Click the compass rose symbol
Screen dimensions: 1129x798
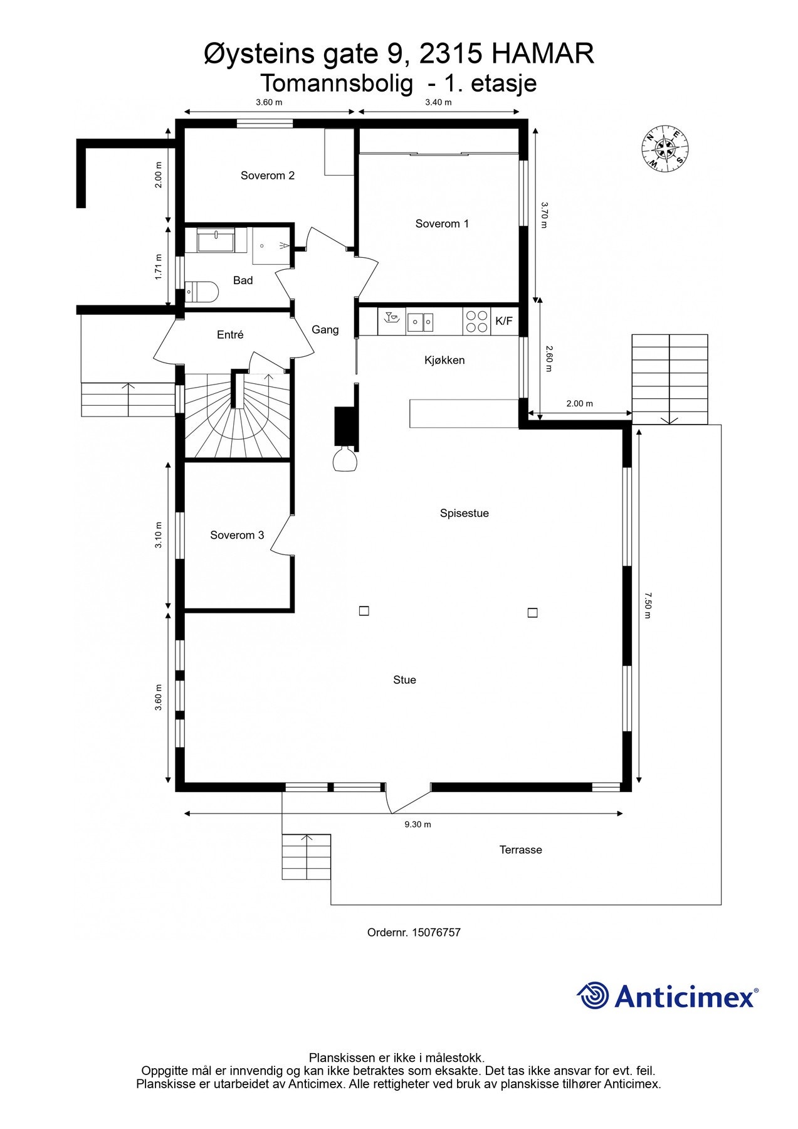[665, 149]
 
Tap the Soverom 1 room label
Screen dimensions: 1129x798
[442, 223]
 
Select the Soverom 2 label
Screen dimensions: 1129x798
[268, 176]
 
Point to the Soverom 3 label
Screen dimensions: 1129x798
[237, 535]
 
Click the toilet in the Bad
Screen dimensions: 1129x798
[202, 292]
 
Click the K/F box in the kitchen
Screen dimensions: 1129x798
[504, 321]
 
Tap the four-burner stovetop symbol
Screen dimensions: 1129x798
[477, 321]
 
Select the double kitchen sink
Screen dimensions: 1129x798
[421, 322]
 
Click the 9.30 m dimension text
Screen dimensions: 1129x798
[417, 824]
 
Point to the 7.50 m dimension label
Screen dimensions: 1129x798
[648, 605]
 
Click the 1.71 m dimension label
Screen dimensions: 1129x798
[159, 267]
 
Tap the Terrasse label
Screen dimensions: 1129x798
[520, 850]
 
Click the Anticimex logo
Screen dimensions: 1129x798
[667, 996]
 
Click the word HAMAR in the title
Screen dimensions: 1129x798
[543, 54]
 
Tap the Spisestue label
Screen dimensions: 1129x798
[464, 513]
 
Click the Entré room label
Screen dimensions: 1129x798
[230, 335]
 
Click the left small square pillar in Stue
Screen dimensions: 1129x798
[364, 610]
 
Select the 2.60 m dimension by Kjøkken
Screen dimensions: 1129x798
[548, 359]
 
